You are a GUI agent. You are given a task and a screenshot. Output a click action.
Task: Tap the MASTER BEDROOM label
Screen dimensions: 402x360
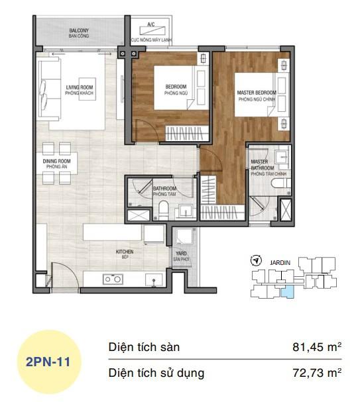tap(256, 95)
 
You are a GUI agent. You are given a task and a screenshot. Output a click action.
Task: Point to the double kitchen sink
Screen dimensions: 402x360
tap(112, 279)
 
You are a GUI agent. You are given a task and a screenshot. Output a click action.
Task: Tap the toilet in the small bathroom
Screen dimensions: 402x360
tap(163, 211)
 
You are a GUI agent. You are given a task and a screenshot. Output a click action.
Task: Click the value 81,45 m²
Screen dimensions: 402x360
tap(316, 347)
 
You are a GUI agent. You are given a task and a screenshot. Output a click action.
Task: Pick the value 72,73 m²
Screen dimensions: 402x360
tap(316, 373)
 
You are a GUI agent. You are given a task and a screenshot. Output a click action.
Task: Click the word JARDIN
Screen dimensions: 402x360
tap(280, 262)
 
